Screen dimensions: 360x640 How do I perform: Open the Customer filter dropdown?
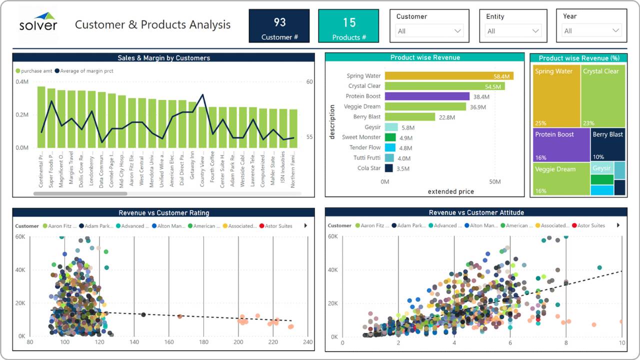coord(429,31)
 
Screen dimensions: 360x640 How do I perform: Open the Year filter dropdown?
coord(591,31)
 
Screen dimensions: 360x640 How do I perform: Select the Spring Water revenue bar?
coord(448,76)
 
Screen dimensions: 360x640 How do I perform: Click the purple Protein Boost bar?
coord(427,96)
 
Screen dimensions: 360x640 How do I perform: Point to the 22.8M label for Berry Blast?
coord(446,117)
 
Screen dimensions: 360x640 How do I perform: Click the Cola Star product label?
coord(369,168)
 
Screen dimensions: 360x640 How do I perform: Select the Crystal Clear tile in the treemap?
coord(603,95)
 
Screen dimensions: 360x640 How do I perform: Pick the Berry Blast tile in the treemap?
coord(607,144)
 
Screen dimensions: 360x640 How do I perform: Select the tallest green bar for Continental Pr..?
coord(41,117)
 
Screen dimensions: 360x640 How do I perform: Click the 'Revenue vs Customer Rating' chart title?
coord(163,213)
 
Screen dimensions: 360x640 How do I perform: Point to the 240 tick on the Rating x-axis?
coord(307,342)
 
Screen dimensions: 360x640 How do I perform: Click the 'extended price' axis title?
coord(450,191)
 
